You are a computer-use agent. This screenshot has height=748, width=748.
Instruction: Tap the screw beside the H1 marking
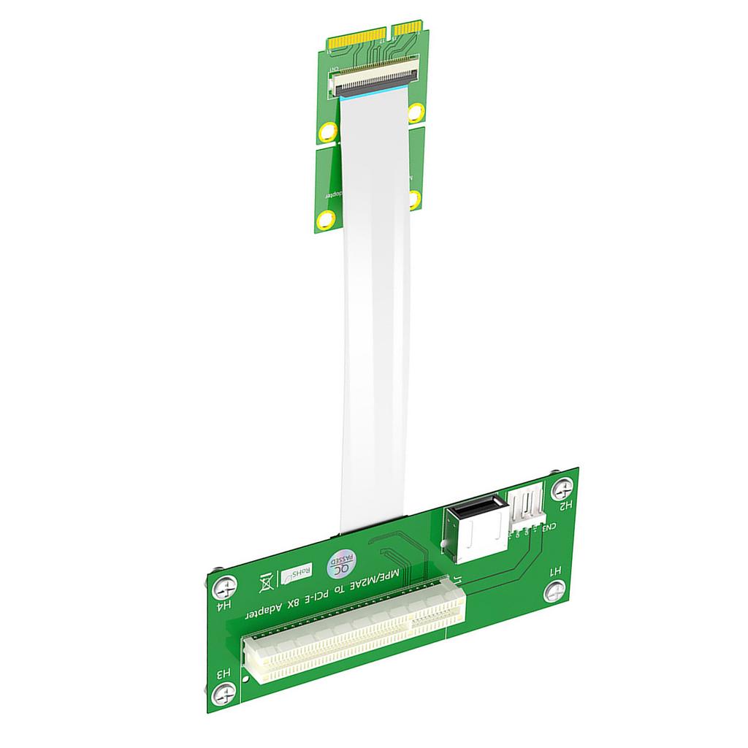point(557,589)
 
